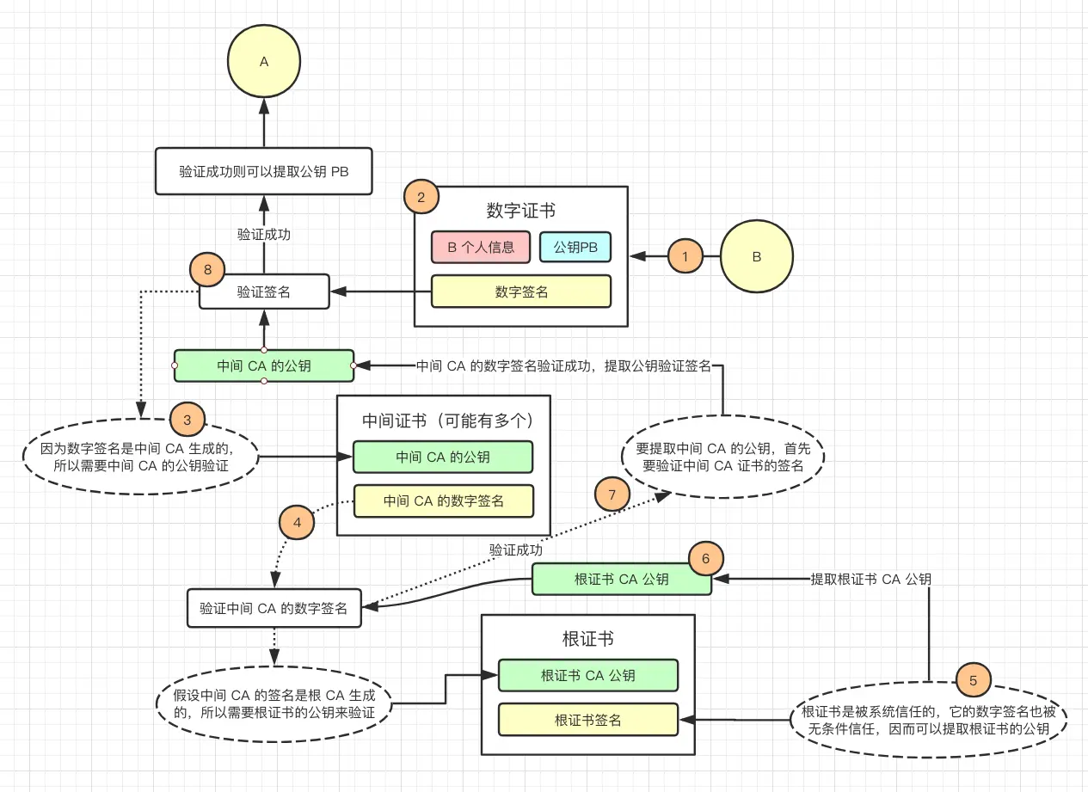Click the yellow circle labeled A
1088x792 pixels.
coord(264,61)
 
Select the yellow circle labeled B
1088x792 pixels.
coord(756,256)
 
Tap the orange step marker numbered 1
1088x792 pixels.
coord(685,256)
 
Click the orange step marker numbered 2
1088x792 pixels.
coord(421,197)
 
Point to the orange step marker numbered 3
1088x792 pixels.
coord(187,420)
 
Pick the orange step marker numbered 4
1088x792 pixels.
coord(297,522)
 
